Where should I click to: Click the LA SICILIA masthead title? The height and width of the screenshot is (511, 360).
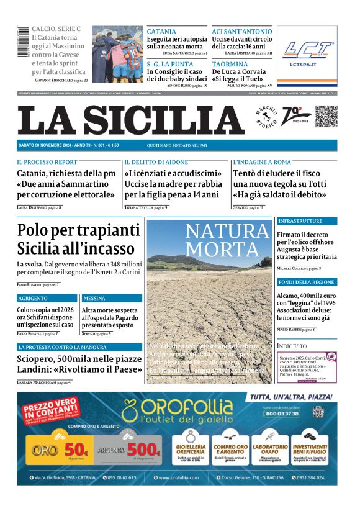pyautogui.click(x=130, y=119)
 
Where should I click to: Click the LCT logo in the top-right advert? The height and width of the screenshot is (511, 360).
pyautogui.click(x=307, y=50)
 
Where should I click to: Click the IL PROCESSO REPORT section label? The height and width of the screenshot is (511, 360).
pyautogui.click(x=47, y=161)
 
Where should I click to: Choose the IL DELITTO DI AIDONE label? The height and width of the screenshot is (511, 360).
pyautogui.click(x=155, y=161)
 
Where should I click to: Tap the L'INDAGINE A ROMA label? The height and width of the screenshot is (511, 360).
pyautogui.click(x=262, y=161)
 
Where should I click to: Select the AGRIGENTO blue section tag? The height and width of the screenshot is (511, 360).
pyautogui.click(x=33, y=299)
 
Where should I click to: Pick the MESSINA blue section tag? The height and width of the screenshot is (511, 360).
pyautogui.click(x=94, y=299)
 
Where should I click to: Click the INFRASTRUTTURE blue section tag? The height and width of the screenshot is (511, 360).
pyautogui.click(x=300, y=221)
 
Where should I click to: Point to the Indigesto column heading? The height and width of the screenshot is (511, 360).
pyautogui.click(x=292, y=345)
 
